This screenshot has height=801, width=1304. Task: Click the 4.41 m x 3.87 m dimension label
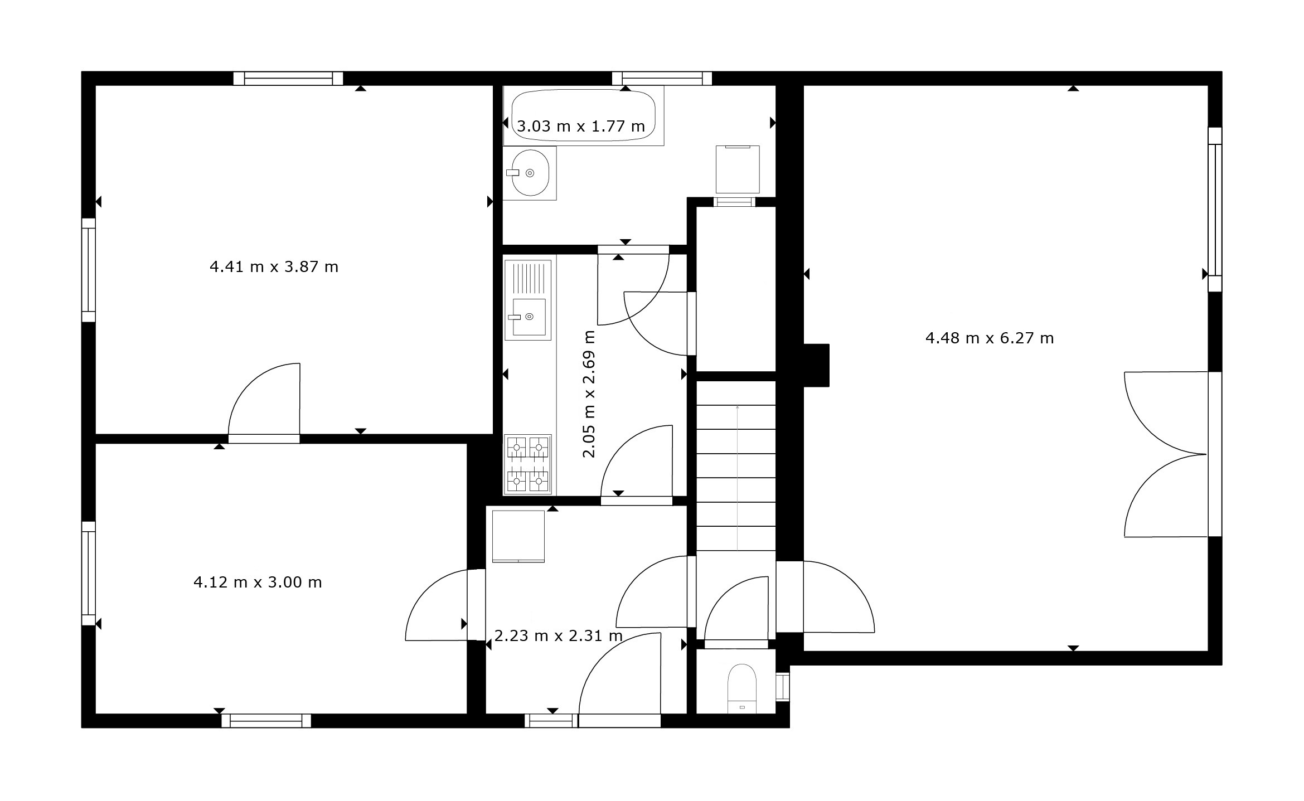tap(274, 267)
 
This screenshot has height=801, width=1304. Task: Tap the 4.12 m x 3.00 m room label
tap(258, 582)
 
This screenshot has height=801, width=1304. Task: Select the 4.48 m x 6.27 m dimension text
tap(990, 338)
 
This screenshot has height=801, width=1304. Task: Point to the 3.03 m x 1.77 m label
tap(581, 127)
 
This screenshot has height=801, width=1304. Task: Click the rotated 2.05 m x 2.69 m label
tap(589, 394)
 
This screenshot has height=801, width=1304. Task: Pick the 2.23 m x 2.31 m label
tap(559, 635)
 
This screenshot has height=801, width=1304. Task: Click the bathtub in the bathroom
tap(583, 115)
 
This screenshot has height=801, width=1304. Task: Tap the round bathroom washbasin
tap(530, 173)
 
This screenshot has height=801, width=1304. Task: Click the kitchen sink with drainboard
tap(528, 300)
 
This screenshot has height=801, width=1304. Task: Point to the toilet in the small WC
tap(742, 688)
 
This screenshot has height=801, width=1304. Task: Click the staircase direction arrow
tap(738, 477)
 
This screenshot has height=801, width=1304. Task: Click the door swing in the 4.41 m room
tap(264, 399)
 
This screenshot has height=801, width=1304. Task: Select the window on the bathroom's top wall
tap(662, 79)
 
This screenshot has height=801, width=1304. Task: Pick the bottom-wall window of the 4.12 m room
tap(266, 721)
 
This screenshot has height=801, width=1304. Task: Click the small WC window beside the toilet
tap(783, 687)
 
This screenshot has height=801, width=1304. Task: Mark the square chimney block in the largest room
tap(816, 365)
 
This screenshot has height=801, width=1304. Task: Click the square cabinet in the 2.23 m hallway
tap(518, 536)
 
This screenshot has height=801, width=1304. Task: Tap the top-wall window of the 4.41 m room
tap(288, 79)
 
